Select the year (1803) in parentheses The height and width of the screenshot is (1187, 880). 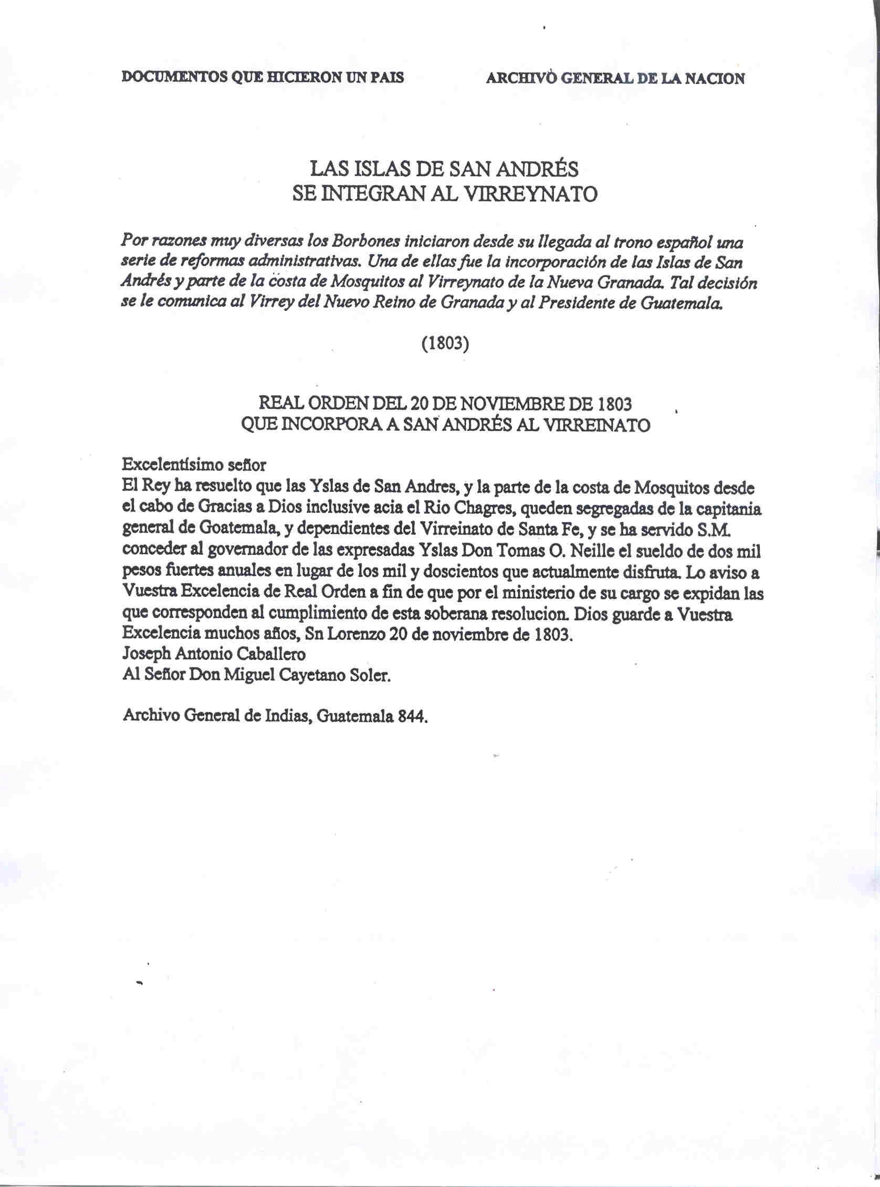[445, 344]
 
